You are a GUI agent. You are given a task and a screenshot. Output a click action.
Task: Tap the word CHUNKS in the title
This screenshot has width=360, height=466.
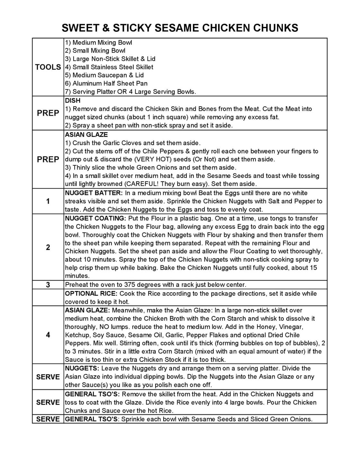pyautogui.click(x=275, y=28)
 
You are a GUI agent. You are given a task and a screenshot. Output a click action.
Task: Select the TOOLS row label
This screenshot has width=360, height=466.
pyautogui.click(x=48, y=67)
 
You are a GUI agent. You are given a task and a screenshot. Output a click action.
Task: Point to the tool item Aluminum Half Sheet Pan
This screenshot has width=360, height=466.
pyautogui.click(x=106, y=84)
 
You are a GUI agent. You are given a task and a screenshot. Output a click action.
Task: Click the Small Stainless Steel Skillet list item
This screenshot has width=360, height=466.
pyautogui.click(x=109, y=67)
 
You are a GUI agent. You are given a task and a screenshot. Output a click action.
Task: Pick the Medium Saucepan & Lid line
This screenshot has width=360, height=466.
pyautogui.click(x=104, y=75)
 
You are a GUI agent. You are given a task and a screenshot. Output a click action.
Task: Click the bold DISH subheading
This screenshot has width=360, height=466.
pyautogui.click(x=73, y=101)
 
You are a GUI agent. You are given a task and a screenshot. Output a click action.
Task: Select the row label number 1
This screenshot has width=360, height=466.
pyautogui.click(x=48, y=201)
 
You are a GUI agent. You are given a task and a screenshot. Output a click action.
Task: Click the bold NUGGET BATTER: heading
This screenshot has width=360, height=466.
pyautogui.click(x=94, y=193)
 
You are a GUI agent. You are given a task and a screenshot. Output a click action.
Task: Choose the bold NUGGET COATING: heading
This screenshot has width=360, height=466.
pyautogui.click(x=95, y=218)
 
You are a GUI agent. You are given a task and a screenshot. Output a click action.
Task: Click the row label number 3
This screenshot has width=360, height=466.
pyautogui.click(x=48, y=285)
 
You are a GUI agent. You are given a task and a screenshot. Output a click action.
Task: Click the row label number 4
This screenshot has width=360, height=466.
pyautogui.click(x=48, y=335)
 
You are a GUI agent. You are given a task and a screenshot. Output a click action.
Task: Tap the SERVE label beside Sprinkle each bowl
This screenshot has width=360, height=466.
pyautogui.click(x=48, y=419)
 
